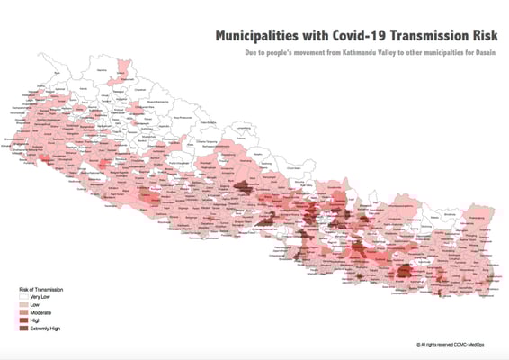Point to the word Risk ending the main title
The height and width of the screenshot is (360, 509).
pyautogui.click(x=481, y=36)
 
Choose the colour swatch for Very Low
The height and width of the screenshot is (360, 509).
pyautogui.click(x=23, y=297)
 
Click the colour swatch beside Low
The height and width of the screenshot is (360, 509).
pyautogui.click(x=23, y=305)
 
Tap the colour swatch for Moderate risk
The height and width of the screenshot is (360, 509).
pyautogui.click(x=23, y=313)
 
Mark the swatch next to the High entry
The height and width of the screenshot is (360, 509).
pyautogui.click(x=23, y=321)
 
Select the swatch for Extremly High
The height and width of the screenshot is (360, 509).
pyautogui.click(x=23, y=329)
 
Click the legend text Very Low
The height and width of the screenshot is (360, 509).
pyautogui.click(x=40, y=297)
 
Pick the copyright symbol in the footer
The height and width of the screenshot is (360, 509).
pyautogui.click(x=419, y=344)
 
